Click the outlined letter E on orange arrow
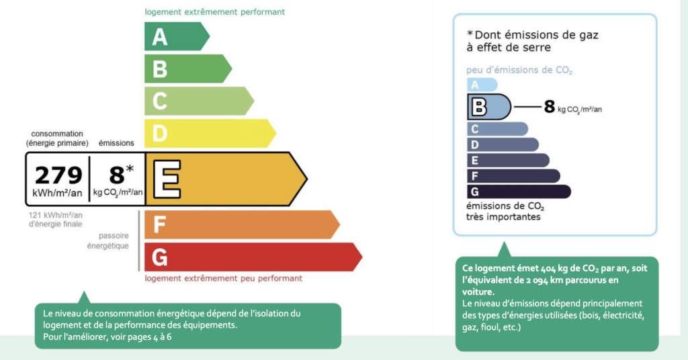pyautogui.click(x=165, y=179)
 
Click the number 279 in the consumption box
pyautogui.click(x=58, y=175)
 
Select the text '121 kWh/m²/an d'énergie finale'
pyautogui.click(x=54, y=220)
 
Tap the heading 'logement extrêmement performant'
pyautogui.click(x=214, y=12)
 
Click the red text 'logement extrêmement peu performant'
pyautogui.click(x=223, y=278)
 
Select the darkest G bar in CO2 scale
pyautogui.click(x=518, y=192)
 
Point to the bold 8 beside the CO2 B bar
pyautogui.click(x=549, y=106)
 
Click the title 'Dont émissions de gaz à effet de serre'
pyautogui.click(x=532, y=41)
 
